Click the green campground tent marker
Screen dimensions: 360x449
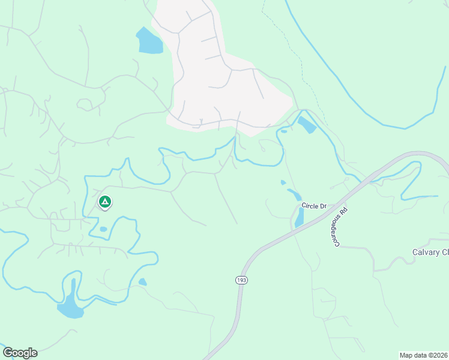pos(104,202)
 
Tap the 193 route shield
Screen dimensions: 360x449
pos(241,280)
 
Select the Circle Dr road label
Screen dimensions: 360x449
pos(314,206)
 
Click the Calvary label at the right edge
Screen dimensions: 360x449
pos(430,253)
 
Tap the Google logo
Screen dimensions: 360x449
pos(20,353)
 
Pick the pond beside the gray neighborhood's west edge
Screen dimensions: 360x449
pos(149,41)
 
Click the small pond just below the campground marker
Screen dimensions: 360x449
pos(103,229)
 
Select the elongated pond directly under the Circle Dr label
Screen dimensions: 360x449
pos(299,217)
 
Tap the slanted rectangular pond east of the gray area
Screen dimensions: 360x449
pos(307,125)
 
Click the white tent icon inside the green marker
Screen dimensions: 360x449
pos(104,202)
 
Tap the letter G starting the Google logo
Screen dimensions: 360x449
pos(7,352)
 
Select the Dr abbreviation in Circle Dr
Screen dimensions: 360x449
pos(323,206)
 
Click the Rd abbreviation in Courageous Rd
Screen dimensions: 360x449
pos(345,212)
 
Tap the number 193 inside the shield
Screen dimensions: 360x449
pos(241,280)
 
